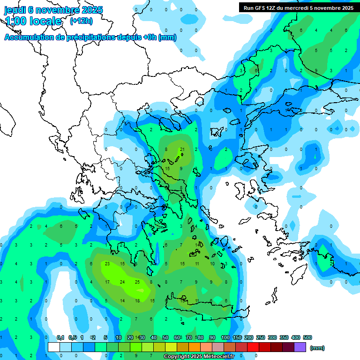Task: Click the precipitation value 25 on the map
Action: pos(137,282)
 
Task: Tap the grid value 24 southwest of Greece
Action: pos(122,282)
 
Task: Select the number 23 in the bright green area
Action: pos(107,263)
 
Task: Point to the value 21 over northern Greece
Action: pos(182,150)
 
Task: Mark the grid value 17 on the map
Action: pos(107,282)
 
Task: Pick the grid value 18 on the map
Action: pos(137,300)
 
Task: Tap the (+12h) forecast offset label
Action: pos(81,21)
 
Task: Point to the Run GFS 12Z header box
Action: pos(298,7)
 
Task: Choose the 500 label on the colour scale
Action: pos(307,337)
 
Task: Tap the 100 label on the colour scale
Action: pos(225,337)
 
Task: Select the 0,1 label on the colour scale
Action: pos(60,337)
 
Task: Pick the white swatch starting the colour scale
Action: pos(54,347)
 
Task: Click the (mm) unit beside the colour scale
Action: pos(317,348)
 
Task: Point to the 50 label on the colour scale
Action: pos(165,337)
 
